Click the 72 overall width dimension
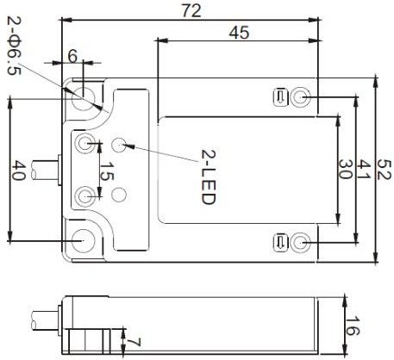[191, 11]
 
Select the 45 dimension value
[239, 33]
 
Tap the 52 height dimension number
[385, 170]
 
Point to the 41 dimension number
[364, 170]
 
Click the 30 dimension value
[346, 170]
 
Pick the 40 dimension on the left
[19, 170]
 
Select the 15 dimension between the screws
[107, 171]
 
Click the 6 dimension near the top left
[72, 56]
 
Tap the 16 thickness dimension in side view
[353, 326]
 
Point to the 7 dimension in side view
[134, 343]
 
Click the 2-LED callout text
[209, 177]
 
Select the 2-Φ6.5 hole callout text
[15, 45]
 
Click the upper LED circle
[119, 145]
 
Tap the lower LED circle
[119, 195]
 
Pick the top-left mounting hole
[84, 99]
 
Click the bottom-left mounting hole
[84, 240]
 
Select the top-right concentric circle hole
[301, 97]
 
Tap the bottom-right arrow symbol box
[280, 243]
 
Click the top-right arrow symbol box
[280, 97]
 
